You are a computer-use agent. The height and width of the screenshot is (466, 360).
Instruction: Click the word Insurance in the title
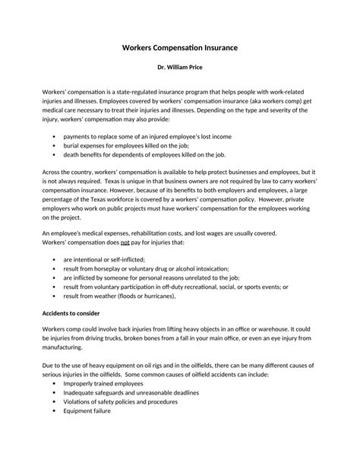coord(216,47)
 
